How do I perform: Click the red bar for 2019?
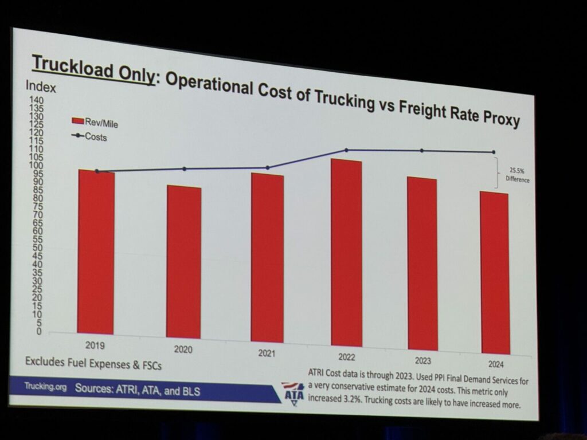[96, 252]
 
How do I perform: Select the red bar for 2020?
[183, 262]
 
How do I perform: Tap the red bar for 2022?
[346, 253]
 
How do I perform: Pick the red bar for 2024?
[495, 273]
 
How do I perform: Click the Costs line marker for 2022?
[346, 150]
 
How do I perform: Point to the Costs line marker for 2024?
[494, 152]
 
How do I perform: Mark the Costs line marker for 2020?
[184, 169]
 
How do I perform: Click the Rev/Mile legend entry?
[95, 123]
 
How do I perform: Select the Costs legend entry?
[89, 136]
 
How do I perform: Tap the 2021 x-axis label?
[267, 353]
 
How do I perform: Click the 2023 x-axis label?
[422, 361]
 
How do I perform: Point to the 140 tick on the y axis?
[37, 100]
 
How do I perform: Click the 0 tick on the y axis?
[39, 332]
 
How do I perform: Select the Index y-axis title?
[41, 87]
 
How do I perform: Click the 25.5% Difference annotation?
[518, 175]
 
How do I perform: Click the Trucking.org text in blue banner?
[45, 386]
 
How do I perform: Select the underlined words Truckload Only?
[93, 69]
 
